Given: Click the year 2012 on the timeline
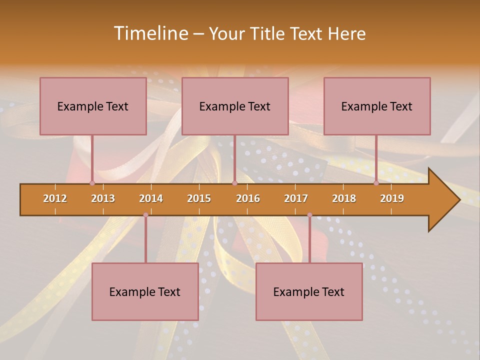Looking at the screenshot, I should (x=55, y=198).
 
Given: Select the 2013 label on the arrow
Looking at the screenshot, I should (x=103, y=198).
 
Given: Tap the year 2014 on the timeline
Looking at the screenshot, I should (x=151, y=198).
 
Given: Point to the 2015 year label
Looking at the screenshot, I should (x=199, y=198).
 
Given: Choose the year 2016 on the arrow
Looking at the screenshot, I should (x=248, y=198).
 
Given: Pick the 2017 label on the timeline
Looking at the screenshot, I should (x=296, y=198).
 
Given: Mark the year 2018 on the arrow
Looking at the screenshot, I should (x=344, y=198).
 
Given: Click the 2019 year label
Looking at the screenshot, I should (x=392, y=198).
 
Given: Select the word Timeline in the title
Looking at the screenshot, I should (x=150, y=33).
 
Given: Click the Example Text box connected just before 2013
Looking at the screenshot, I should (x=93, y=106).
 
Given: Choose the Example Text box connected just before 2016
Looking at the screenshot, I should (x=235, y=106).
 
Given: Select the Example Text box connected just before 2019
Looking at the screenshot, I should (x=377, y=106).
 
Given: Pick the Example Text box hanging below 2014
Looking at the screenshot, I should (x=145, y=291).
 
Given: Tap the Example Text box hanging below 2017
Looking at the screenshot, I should (x=309, y=291).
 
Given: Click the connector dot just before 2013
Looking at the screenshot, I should (x=92, y=183).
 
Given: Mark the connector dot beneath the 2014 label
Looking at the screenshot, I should (x=145, y=215).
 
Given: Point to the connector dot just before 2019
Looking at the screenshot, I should (x=376, y=183).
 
